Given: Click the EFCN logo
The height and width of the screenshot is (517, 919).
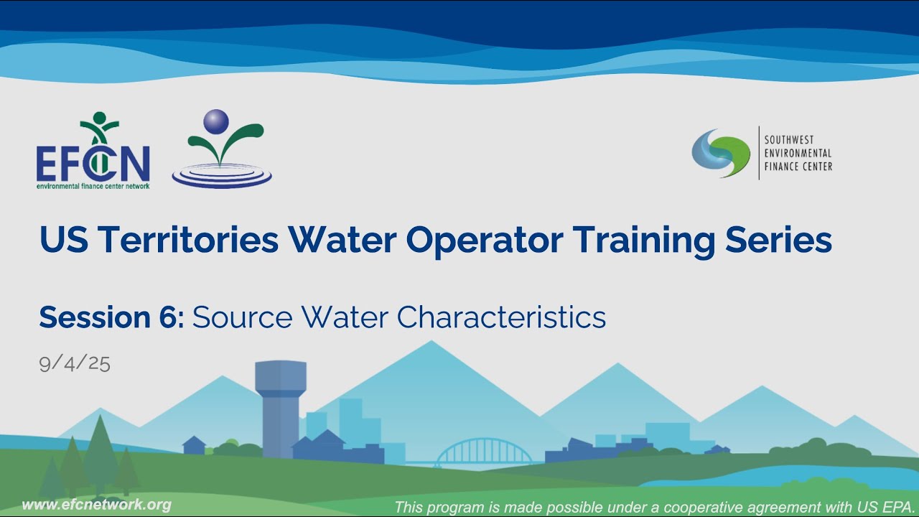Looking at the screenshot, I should pyautogui.click(x=93, y=152).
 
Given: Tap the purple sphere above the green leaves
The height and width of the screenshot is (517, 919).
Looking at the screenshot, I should pyautogui.click(x=215, y=121).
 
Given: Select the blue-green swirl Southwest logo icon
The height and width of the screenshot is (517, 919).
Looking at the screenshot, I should pyautogui.click(x=720, y=153).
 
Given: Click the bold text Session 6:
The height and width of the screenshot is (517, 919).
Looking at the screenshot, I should pyautogui.click(x=112, y=317).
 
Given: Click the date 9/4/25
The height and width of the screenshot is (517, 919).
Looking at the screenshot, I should pyautogui.click(x=75, y=363).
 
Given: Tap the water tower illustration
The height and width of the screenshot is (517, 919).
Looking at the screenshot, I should pyautogui.click(x=281, y=406).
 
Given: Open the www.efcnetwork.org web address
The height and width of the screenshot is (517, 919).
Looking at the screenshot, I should pyautogui.click(x=96, y=505).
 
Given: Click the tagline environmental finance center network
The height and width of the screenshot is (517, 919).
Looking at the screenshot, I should pyautogui.click(x=93, y=185).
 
